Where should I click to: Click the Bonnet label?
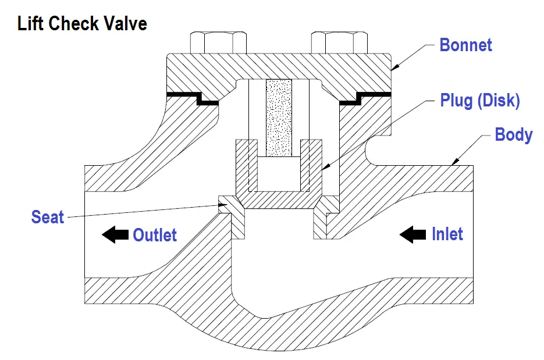(x=465, y=45)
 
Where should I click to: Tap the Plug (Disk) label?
(x=480, y=100)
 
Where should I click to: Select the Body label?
(x=514, y=134)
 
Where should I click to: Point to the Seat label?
(x=48, y=217)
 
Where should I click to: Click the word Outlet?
(x=155, y=235)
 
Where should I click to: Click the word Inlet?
(x=447, y=234)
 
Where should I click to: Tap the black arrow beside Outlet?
(x=115, y=235)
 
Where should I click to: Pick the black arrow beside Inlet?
(x=413, y=234)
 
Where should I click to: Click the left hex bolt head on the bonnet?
(x=219, y=42)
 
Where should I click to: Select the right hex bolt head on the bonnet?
(x=339, y=42)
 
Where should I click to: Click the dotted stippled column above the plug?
(x=279, y=118)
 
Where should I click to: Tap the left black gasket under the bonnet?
(x=193, y=98)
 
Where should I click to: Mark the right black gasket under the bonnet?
(x=365, y=98)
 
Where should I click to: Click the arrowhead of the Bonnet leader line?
(x=394, y=68)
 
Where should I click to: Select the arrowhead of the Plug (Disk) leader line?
(x=324, y=167)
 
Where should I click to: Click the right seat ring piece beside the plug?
(x=326, y=217)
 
